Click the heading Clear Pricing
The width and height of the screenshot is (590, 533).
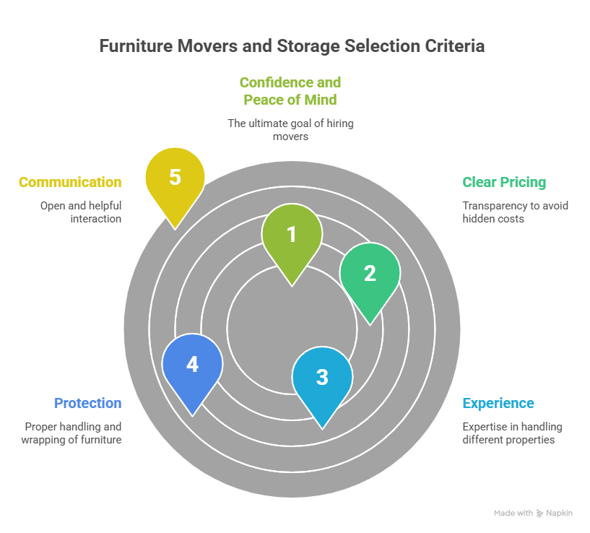(x=504, y=182)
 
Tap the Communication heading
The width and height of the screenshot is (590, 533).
(x=70, y=182)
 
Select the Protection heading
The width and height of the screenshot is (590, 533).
(x=87, y=403)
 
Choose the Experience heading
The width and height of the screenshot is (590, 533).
(x=498, y=404)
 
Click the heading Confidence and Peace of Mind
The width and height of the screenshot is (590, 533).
(x=290, y=91)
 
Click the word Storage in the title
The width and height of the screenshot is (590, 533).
(x=308, y=46)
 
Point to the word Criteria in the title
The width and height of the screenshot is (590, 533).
(x=454, y=46)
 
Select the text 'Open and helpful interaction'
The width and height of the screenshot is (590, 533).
(x=81, y=212)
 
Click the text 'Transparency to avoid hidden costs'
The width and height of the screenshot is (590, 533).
(x=515, y=212)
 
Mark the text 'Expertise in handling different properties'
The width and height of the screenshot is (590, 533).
(x=512, y=433)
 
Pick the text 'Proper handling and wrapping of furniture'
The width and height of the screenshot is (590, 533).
(x=71, y=433)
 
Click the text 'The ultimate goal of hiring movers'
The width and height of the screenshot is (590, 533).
(x=290, y=130)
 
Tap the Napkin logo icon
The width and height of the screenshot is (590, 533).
(x=539, y=513)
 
